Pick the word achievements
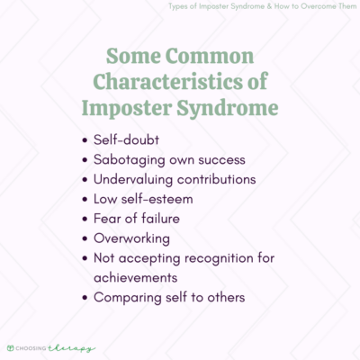pyautogui.click(x=147, y=278)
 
